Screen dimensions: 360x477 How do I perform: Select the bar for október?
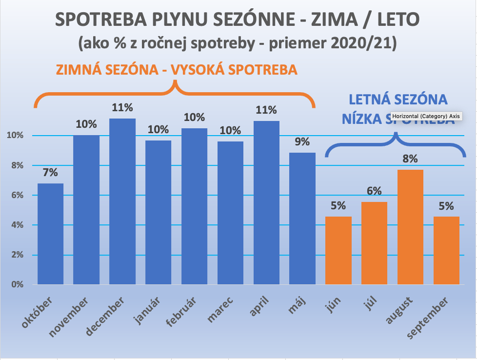50,234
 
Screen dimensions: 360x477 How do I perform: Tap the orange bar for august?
410,227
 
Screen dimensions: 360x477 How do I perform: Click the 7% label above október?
50,172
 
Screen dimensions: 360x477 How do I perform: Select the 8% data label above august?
410,159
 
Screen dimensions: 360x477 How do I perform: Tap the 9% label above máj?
302,142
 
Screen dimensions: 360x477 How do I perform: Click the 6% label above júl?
374,191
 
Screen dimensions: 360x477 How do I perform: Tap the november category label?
69,317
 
